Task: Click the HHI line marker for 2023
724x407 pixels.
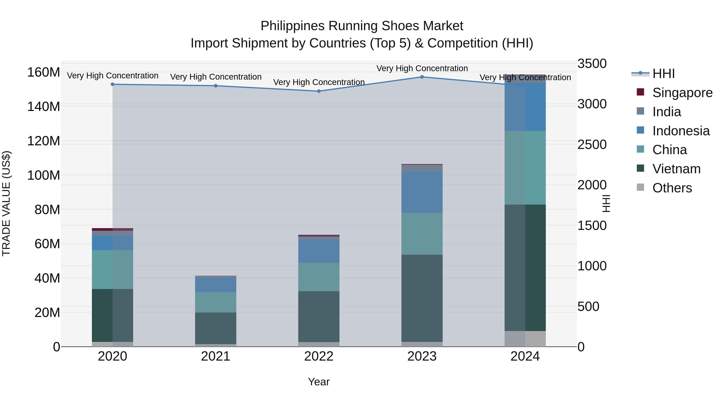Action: coord(422,77)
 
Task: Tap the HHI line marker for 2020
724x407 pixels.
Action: coord(112,84)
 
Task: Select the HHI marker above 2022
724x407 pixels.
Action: coord(319,91)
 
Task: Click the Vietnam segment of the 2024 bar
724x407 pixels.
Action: coord(525,268)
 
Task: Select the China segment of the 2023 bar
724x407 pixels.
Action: coord(422,234)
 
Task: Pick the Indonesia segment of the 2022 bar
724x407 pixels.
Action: coord(319,251)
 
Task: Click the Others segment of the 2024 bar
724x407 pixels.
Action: coord(525,339)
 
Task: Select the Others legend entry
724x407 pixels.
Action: coord(672,188)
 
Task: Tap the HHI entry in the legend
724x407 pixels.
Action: coord(663,74)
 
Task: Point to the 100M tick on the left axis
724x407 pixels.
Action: coord(44,175)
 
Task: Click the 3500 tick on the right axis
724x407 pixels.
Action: coord(592,64)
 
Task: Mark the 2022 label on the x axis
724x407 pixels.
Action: coord(319,356)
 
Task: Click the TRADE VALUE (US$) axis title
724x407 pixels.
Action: coord(6,203)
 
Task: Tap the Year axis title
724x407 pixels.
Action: coord(319,382)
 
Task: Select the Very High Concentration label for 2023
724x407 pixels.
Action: coord(422,68)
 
